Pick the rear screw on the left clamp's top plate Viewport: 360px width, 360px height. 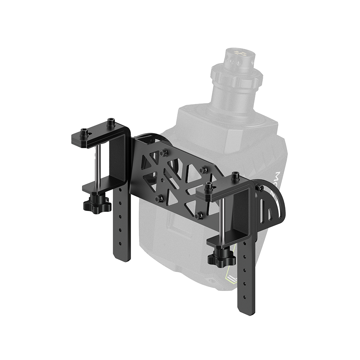111,123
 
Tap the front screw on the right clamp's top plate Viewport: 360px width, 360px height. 208,186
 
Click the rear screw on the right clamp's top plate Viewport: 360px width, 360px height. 235,176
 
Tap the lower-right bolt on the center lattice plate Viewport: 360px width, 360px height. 198,216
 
